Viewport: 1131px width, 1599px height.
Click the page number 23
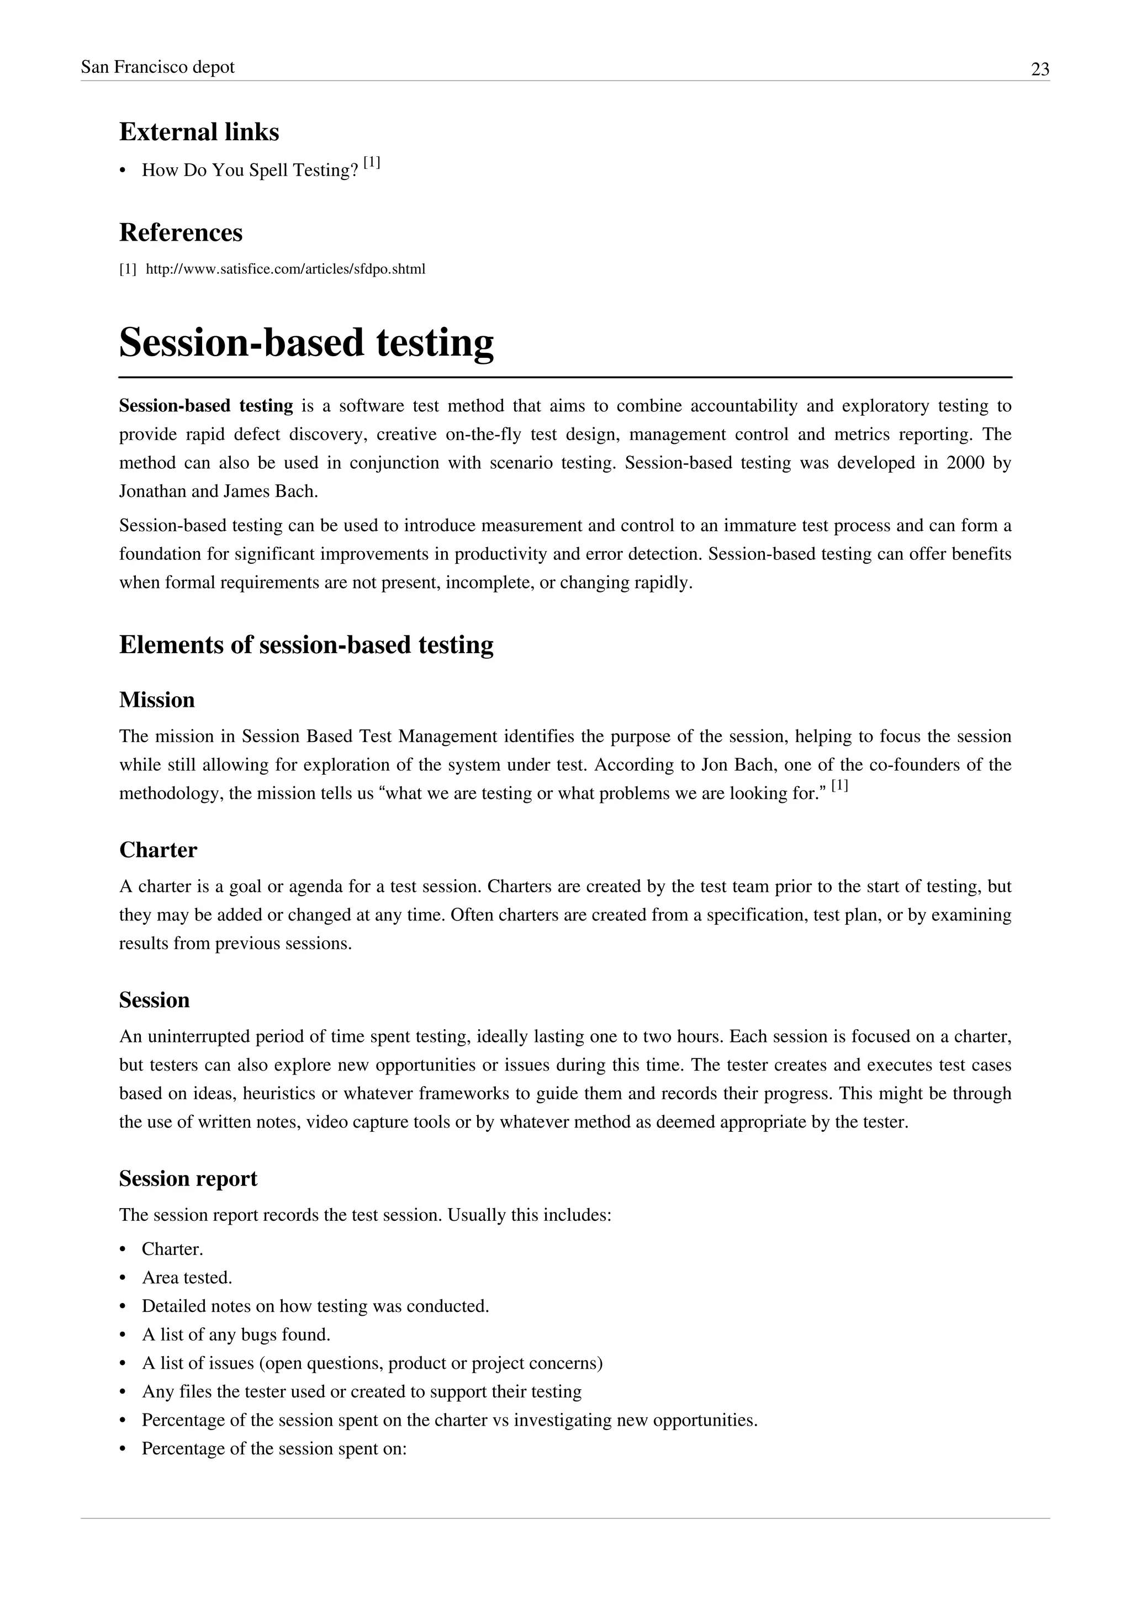point(1040,70)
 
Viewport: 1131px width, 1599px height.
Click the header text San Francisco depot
point(157,67)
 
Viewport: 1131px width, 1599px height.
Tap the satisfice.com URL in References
point(286,269)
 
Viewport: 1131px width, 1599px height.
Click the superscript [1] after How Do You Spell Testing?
point(372,163)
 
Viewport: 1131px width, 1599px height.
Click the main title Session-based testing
point(306,343)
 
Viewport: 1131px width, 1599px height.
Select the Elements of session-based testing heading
point(306,645)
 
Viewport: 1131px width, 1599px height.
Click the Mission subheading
point(157,700)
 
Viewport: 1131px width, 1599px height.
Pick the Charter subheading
point(158,850)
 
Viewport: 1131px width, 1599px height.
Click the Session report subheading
point(188,1178)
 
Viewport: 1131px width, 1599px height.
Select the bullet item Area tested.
point(187,1278)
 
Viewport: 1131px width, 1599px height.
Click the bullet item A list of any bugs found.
point(236,1335)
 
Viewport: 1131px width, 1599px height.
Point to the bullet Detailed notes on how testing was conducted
point(315,1306)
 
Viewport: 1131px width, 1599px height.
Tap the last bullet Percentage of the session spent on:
point(274,1449)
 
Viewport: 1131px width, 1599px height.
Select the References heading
point(181,232)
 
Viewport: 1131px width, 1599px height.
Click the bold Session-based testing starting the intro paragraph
point(206,406)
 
